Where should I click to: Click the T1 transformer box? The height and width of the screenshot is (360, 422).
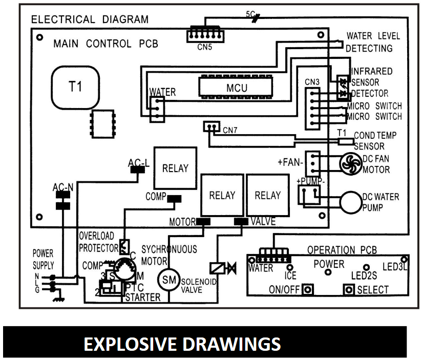(x=75, y=87)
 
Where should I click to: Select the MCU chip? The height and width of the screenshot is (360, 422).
(x=236, y=88)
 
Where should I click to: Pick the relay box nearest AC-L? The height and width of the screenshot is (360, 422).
(x=175, y=168)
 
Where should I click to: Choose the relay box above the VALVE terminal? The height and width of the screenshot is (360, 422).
(x=267, y=195)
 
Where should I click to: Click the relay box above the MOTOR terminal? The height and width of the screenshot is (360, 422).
(x=221, y=195)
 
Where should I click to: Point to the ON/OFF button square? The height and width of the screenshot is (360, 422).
(x=308, y=289)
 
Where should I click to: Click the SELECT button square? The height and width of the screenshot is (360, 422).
(x=349, y=290)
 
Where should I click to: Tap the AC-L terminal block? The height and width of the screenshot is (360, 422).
(x=136, y=171)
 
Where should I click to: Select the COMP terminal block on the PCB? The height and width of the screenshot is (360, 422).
(x=175, y=198)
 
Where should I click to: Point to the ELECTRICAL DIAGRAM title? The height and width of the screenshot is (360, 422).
(x=90, y=20)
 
